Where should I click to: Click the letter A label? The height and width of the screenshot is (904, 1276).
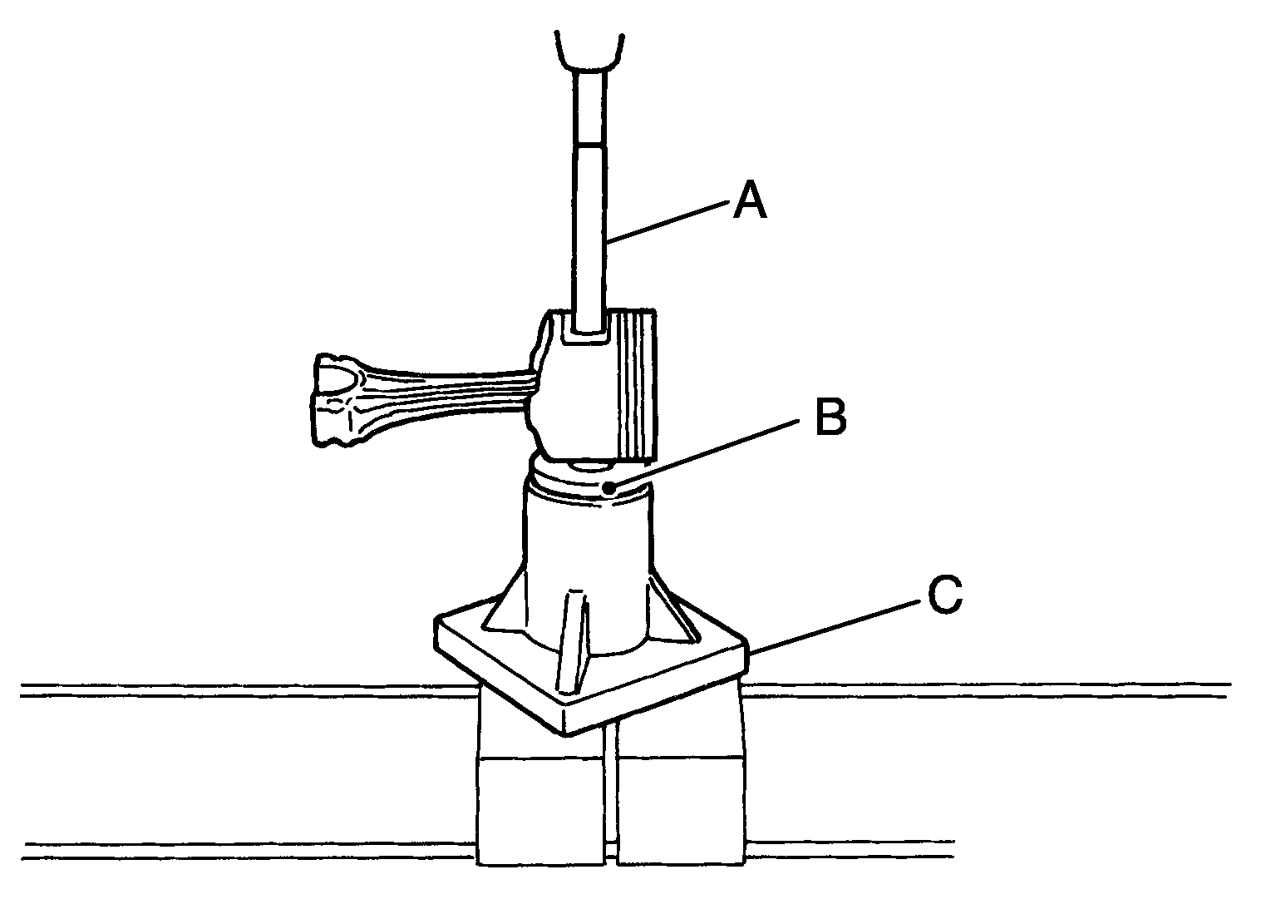(750, 199)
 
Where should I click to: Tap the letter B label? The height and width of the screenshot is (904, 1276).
(831, 417)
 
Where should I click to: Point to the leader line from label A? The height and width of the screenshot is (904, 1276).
(667, 222)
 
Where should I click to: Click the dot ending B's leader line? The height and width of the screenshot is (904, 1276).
(610, 488)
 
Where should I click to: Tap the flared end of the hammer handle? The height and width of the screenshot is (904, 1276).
(336, 399)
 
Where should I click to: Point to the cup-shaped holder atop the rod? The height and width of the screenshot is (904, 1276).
(589, 52)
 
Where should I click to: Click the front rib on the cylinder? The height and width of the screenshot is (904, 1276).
(571, 643)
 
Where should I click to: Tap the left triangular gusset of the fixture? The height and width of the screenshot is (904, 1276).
(504, 604)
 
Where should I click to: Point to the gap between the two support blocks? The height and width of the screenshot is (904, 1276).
(611, 798)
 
